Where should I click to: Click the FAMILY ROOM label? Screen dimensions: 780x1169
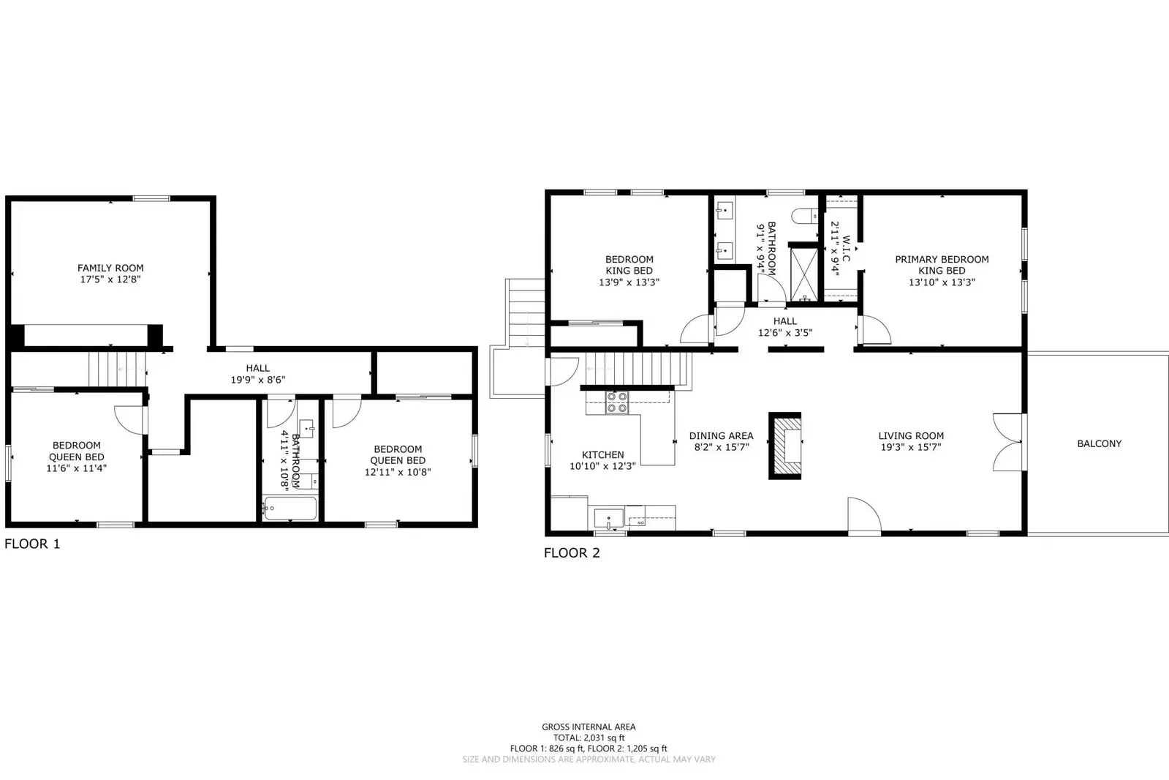(110, 268)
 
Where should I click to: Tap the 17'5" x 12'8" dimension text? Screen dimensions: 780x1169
(110, 280)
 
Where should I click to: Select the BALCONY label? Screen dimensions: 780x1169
(1099, 443)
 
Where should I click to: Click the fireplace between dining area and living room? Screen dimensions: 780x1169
(785, 446)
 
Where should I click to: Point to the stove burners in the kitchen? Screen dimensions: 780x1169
(617, 402)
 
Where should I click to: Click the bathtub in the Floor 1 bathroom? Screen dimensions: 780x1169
(290, 509)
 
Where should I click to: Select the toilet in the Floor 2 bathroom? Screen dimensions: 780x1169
(804, 215)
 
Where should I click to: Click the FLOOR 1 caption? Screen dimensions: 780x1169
(32, 544)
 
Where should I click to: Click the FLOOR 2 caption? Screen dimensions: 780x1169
(572, 553)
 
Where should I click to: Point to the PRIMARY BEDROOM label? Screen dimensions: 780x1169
(942, 259)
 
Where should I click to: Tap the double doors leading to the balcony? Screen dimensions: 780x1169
(1007, 441)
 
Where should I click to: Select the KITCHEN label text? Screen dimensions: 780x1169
(602, 454)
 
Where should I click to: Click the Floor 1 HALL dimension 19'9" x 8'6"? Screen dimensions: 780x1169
(257, 380)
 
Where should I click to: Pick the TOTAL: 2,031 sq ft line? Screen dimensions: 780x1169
(589, 738)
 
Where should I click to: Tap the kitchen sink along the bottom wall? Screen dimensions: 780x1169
(608, 518)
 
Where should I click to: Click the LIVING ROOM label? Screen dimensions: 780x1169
(911, 435)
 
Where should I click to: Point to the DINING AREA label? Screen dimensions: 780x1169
(721, 435)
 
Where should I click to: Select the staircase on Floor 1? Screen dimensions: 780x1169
(118, 368)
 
